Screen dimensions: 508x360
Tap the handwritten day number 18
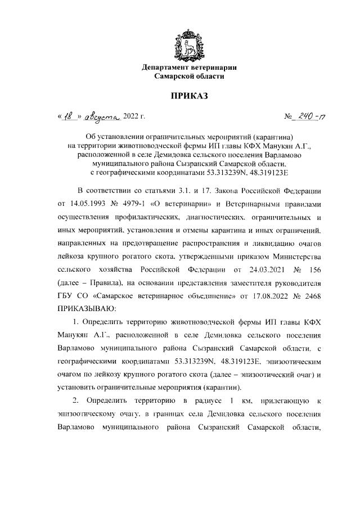pyautogui.click(x=70, y=117)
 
